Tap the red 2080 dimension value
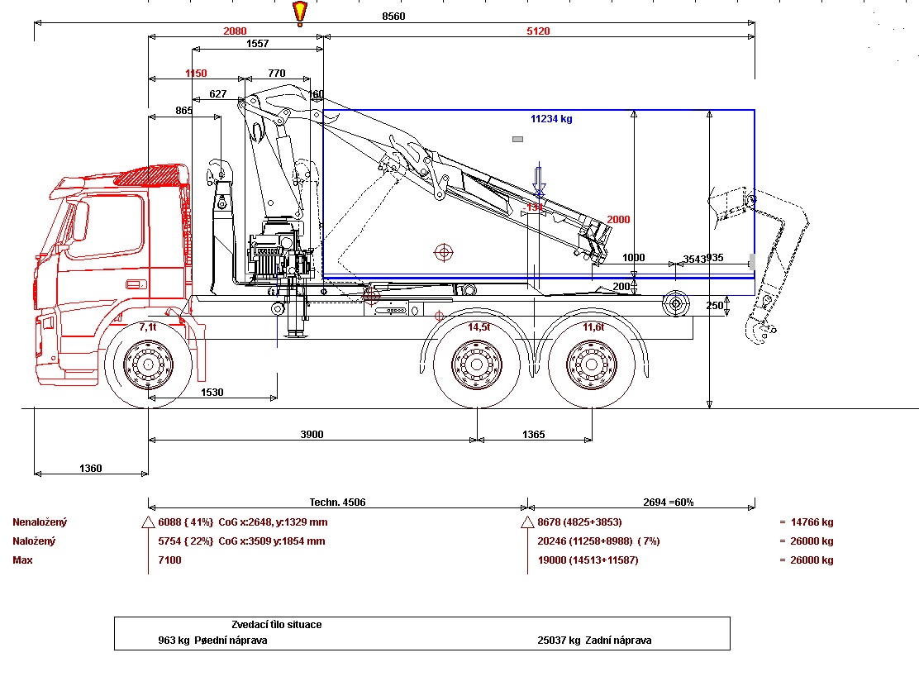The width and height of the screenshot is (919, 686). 235,31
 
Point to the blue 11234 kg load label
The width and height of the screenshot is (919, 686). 551,118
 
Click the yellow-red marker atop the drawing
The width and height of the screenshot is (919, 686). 299,12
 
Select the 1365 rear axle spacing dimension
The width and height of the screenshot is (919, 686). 534,435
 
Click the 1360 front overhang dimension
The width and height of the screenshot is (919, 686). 90,469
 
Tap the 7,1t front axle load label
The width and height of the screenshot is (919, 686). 148,327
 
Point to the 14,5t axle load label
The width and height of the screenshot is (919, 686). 479,327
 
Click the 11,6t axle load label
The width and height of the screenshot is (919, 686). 593,327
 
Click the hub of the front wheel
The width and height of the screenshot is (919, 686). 149,363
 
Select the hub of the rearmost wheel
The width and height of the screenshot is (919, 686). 593,363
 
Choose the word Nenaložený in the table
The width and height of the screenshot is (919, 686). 40,522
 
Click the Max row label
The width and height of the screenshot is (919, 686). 22,560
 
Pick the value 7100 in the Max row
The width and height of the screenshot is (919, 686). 169,560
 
